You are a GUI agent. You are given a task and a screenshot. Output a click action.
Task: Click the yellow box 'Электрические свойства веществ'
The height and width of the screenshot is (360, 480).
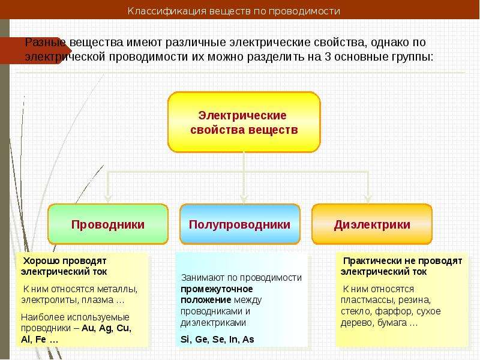coord(244,122)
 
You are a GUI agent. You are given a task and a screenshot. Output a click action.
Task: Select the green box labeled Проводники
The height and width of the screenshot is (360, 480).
coord(108,224)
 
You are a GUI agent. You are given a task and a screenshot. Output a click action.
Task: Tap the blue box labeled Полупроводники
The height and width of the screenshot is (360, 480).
coord(240,224)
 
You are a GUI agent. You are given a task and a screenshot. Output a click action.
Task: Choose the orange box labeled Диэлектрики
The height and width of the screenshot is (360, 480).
coord(372,224)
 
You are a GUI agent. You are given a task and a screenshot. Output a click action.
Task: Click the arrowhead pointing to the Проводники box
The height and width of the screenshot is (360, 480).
coord(108,199)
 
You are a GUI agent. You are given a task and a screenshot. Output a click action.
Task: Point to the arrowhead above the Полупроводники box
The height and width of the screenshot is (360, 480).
coord(244,199)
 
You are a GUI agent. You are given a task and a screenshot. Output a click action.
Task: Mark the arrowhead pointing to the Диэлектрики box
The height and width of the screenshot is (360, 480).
coord(368,199)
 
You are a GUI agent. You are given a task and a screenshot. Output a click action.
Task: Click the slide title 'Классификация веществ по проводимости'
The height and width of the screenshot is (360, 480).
coord(233,11)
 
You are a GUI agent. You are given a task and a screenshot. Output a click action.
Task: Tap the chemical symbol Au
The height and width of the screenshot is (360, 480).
coord(88,328)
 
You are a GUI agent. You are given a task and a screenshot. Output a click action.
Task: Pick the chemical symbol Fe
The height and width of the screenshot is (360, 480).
coord(41,340)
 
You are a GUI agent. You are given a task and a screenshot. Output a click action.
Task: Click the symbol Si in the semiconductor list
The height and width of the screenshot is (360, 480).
coord(185,340)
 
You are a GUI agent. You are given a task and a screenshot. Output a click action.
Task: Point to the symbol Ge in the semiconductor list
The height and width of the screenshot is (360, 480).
coord(202,340)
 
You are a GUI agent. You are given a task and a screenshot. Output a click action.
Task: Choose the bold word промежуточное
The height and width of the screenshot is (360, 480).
coord(217,289)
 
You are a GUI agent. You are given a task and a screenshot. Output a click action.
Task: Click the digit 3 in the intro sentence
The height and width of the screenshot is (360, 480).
coord(328,56)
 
